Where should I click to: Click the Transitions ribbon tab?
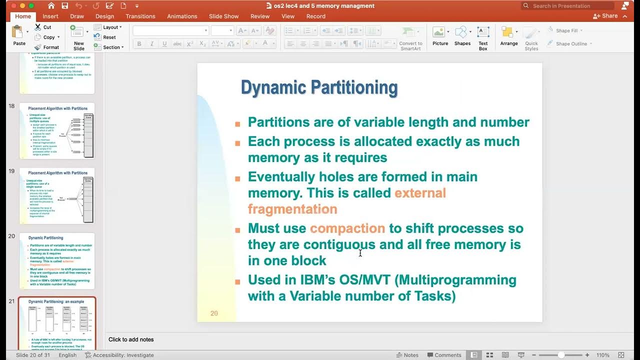140,16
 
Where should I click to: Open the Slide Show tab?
223,16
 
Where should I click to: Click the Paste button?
19,35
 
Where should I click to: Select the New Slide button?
78,37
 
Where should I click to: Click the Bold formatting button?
139,44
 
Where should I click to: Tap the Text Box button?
482,37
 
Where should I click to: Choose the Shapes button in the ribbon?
462,36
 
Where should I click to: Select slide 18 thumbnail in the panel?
57,131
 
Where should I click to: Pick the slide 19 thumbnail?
57,196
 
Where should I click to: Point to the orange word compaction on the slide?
347,228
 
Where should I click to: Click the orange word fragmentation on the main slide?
292,209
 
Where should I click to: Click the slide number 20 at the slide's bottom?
214,313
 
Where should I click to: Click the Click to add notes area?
131,339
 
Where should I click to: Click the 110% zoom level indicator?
602,355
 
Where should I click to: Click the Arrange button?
509,36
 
